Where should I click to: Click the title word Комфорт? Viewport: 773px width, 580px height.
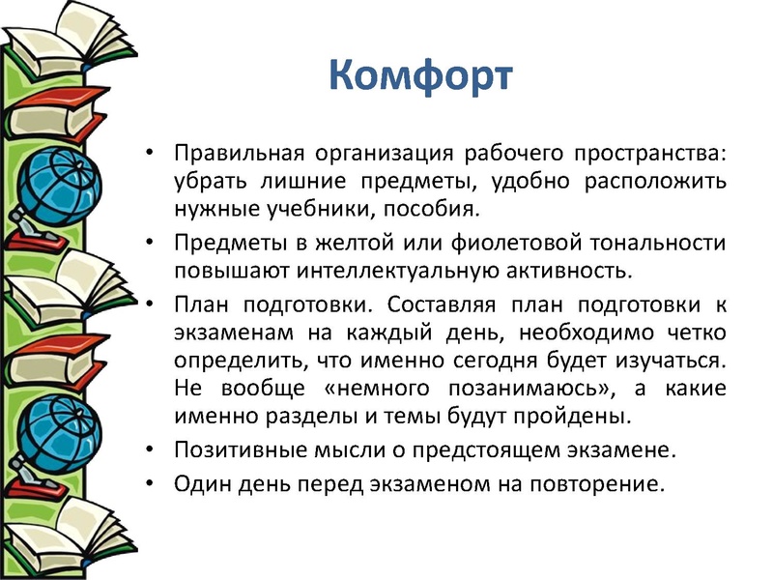click(417, 75)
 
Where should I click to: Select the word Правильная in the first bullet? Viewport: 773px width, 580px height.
click(227, 155)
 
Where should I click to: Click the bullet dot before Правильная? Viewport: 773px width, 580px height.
click(148, 155)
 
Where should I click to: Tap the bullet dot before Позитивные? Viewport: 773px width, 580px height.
click(148, 450)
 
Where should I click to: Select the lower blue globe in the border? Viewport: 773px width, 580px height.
click(58, 420)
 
